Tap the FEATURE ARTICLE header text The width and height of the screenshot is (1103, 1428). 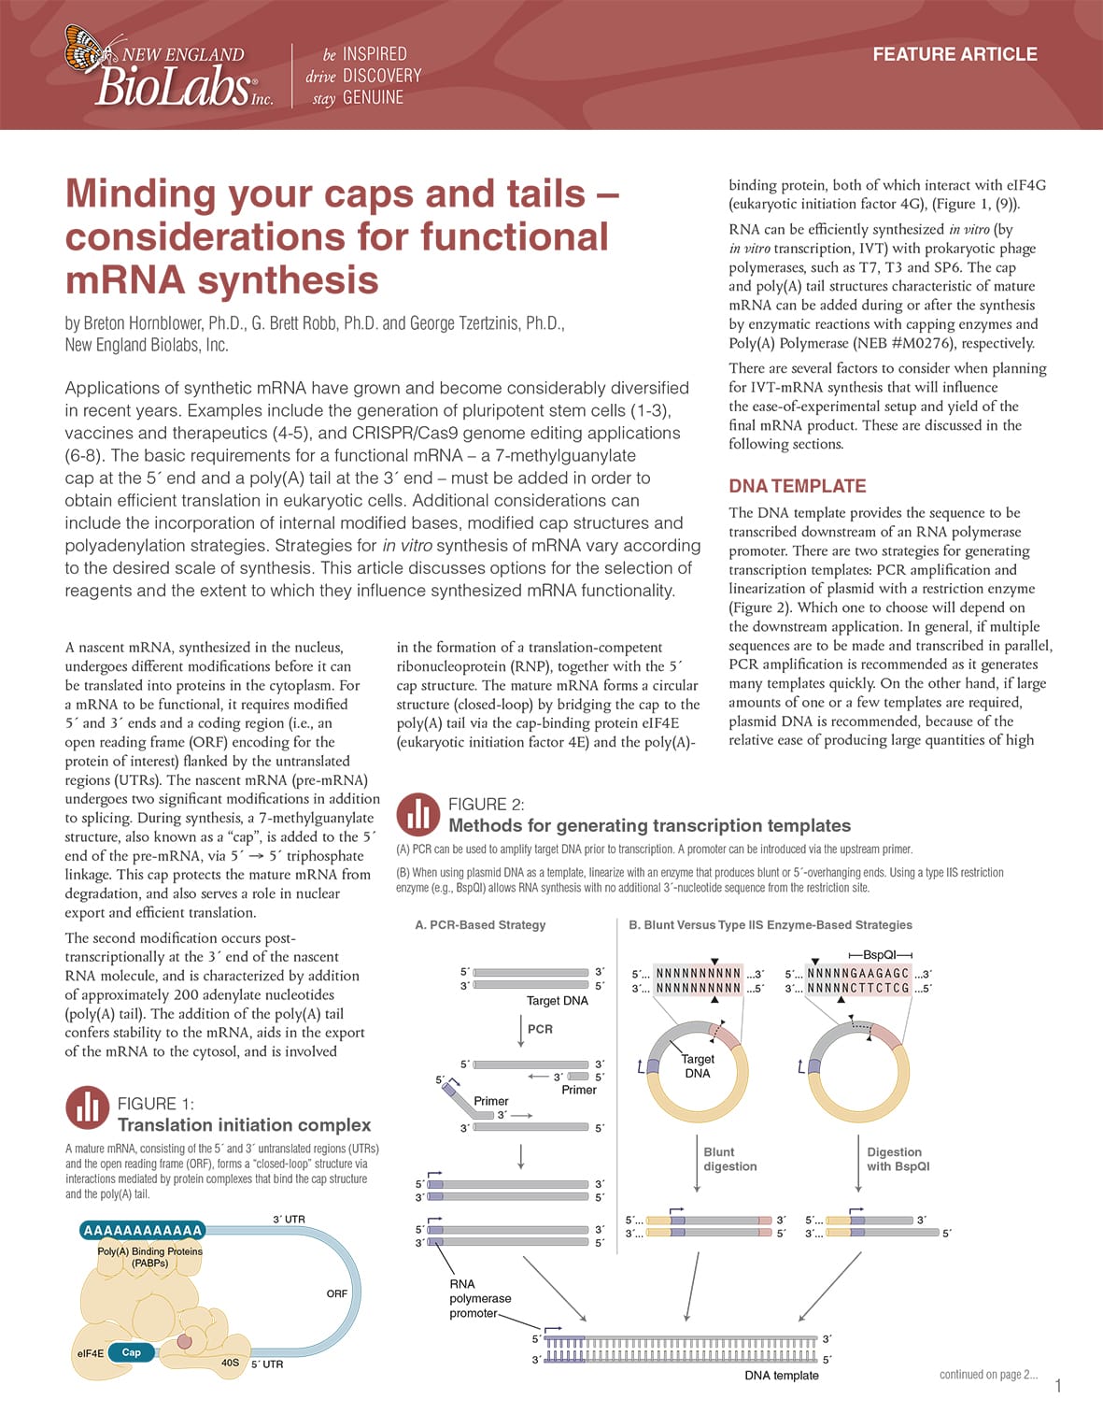click(x=955, y=54)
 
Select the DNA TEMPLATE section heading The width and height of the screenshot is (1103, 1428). click(x=797, y=486)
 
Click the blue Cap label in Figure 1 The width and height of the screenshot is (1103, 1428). click(x=132, y=1352)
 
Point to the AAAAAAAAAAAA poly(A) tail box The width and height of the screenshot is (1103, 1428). click(x=142, y=1230)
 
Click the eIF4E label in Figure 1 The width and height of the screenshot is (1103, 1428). click(x=90, y=1353)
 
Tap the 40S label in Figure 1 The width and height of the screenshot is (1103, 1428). click(x=230, y=1363)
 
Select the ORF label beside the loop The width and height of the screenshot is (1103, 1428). click(x=336, y=1293)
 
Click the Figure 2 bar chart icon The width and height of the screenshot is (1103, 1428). click(x=418, y=814)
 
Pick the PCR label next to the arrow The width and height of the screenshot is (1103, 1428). click(x=540, y=1029)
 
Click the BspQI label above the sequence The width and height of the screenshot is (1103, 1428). click(x=879, y=954)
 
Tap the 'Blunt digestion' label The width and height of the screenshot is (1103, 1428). click(x=729, y=1159)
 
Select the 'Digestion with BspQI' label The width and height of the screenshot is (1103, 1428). click(x=897, y=1159)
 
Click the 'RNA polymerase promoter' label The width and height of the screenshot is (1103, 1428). click(x=480, y=1298)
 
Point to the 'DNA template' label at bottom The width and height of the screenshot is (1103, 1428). click(x=781, y=1375)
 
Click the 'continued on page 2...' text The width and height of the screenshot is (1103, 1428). click(x=988, y=1374)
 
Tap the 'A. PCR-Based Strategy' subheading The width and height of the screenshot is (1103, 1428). click(x=480, y=924)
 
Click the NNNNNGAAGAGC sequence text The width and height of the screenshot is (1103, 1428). click(x=857, y=973)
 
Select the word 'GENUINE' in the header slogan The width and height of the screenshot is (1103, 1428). click(x=373, y=97)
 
